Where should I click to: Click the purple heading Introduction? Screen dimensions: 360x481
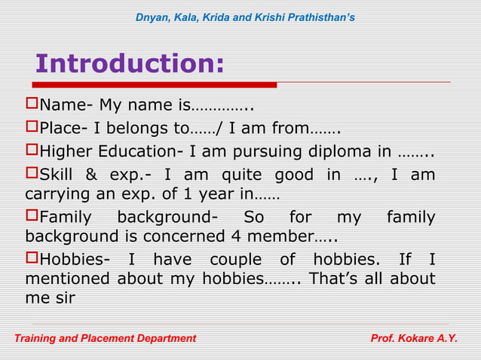click(130, 64)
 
